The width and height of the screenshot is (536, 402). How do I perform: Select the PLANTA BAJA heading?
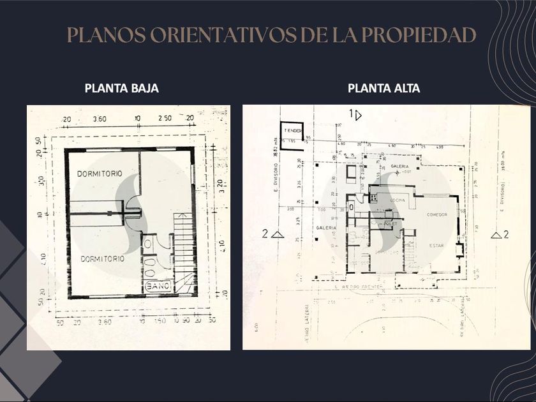coord(121,89)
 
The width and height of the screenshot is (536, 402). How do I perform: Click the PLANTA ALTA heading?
coord(383,89)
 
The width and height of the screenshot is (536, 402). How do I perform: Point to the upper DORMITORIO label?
coord(100,174)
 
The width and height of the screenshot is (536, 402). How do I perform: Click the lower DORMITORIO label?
coord(103,260)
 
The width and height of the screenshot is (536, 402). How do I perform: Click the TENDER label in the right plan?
coord(293,130)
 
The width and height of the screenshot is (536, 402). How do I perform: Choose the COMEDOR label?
coord(437,215)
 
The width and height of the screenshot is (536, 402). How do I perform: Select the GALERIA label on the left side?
coord(326,228)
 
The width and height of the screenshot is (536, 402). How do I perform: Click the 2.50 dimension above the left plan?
coord(165,119)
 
